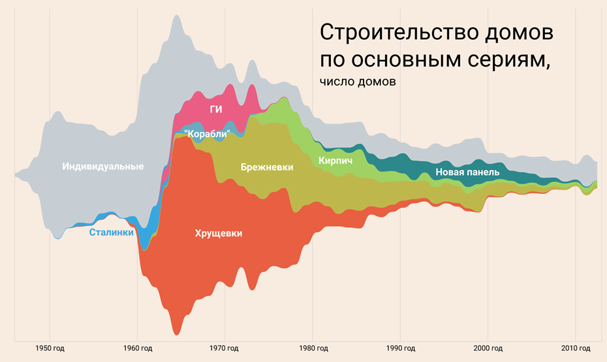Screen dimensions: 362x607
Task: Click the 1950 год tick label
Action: pos(50,348)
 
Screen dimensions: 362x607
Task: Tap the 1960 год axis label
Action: pos(137,348)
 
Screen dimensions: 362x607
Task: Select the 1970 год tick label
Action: pos(225,348)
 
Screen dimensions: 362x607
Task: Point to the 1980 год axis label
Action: pos(312,348)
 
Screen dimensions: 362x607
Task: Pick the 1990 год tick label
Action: pos(399,348)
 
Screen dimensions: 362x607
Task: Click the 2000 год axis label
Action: pos(487,348)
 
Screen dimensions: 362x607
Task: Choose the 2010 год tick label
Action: pos(574,348)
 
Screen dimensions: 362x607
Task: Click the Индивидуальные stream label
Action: pos(103,167)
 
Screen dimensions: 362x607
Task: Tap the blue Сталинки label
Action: pos(111,232)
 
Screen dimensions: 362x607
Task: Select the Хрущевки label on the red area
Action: pos(218,233)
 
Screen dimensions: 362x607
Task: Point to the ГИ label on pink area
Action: pos(216,109)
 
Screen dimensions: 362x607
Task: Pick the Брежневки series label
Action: pos(266,167)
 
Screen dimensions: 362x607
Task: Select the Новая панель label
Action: pos(467,173)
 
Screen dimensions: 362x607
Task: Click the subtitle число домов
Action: pos(358,82)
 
